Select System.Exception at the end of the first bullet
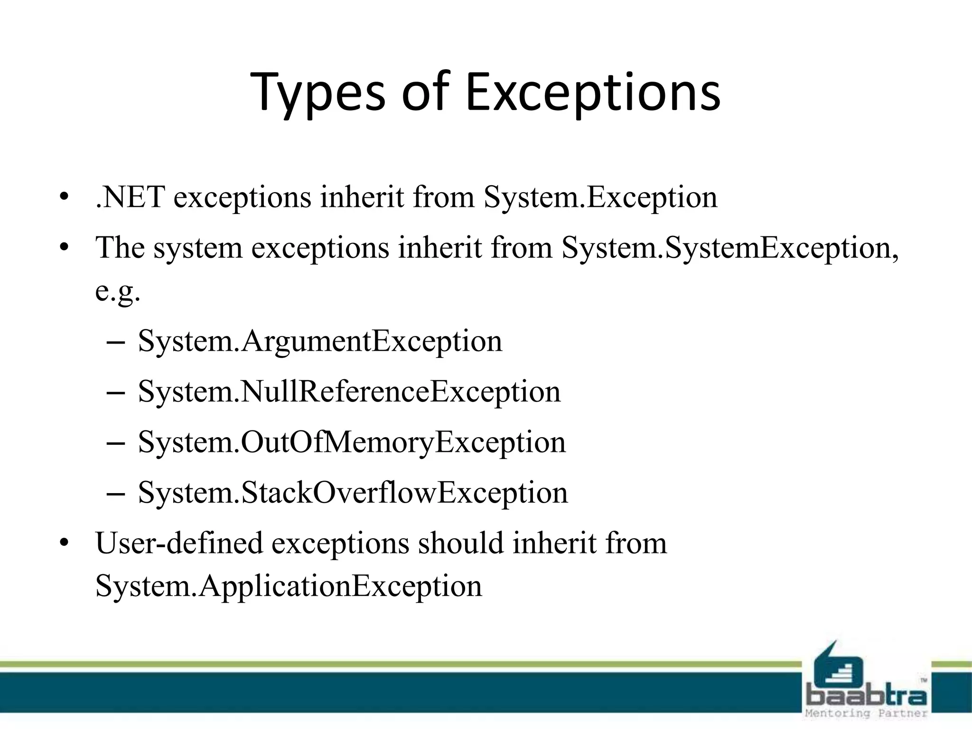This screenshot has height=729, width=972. point(600,197)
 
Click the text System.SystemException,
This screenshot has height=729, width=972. point(730,248)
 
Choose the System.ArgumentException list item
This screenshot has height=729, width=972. point(320,341)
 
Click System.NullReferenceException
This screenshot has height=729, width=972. point(349,392)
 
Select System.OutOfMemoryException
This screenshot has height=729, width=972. point(352,442)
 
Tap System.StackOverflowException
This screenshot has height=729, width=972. point(353,493)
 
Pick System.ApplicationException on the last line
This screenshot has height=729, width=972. point(289,586)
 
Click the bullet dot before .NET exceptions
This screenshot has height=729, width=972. point(65,197)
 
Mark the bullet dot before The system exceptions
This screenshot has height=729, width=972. point(65,248)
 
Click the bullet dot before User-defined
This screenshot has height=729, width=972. point(65,543)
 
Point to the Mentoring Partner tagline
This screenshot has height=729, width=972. point(867,713)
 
